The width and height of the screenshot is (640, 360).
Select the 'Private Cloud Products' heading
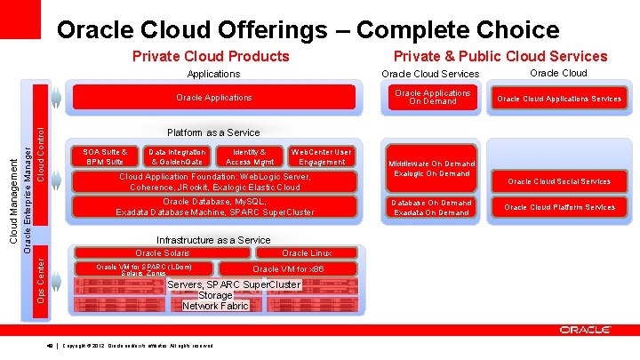(210, 57)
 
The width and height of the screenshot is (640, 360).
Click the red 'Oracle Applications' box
(213, 97)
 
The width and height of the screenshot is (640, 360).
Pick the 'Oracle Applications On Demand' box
(433, 97)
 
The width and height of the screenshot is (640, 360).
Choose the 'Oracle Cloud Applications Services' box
(558, 98)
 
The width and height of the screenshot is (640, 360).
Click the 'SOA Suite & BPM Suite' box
(105, 156)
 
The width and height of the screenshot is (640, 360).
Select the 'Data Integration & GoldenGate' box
(177, 156)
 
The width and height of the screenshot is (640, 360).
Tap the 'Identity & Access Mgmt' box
(250, 156)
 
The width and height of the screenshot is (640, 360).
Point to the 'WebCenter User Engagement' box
(322, 156)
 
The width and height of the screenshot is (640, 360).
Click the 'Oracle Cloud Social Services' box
(559, 181)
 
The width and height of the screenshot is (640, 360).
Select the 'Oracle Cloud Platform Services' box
(559, 207)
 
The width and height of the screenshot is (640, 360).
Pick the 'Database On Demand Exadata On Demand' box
(433, 208)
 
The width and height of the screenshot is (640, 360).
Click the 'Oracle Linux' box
(307, 253)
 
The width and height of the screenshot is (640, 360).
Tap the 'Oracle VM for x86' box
(288, 268)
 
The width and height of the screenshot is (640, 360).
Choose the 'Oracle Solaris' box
(162, 253)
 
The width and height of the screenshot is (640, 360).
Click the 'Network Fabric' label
(215, 306)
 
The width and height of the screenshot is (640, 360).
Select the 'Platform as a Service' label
(213, 132)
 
